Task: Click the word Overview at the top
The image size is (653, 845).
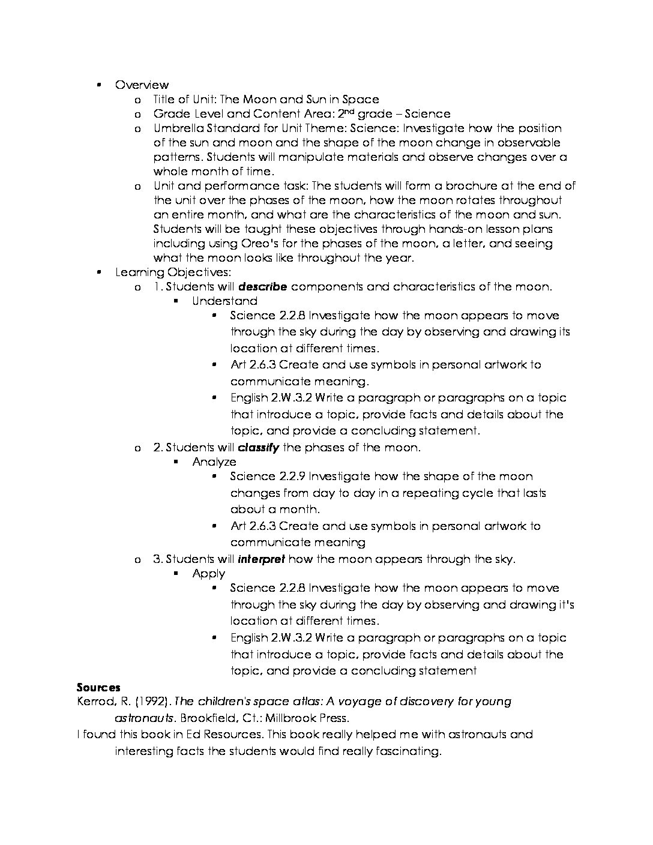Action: point(142,85)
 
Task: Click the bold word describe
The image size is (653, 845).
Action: point(262,287)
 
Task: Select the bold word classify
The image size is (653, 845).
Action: point(258,448)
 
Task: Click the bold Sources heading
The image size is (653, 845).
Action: point(98,688)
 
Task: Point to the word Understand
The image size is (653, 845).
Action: point(224,301)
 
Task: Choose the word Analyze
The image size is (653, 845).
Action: point(214,462)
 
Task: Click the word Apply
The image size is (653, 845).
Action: point(208,574)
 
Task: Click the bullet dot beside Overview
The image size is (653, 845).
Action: point(98,85)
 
